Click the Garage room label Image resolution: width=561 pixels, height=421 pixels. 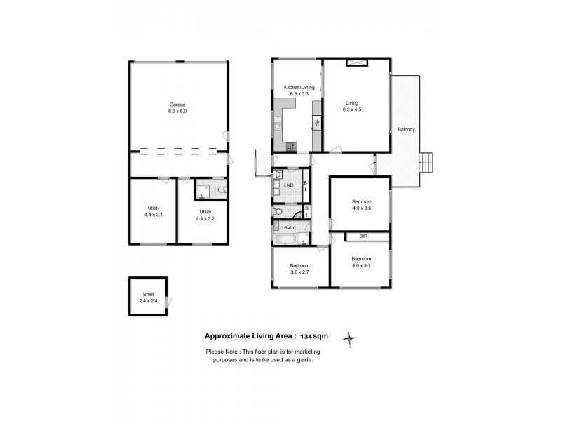(177, 105)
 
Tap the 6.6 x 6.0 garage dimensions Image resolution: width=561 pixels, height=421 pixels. (177, 112)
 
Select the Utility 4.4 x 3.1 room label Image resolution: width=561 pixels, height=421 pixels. (154, 211)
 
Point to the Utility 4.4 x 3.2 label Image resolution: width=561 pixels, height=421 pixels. (205, 215)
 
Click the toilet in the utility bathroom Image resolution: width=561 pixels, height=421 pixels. (222, 189)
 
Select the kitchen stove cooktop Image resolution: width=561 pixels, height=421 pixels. (291, 146)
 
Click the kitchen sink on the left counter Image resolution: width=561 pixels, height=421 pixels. (278, 126)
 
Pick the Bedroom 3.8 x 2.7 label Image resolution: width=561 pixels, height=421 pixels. (299, 269)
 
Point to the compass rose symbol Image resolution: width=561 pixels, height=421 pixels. (349, 340)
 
